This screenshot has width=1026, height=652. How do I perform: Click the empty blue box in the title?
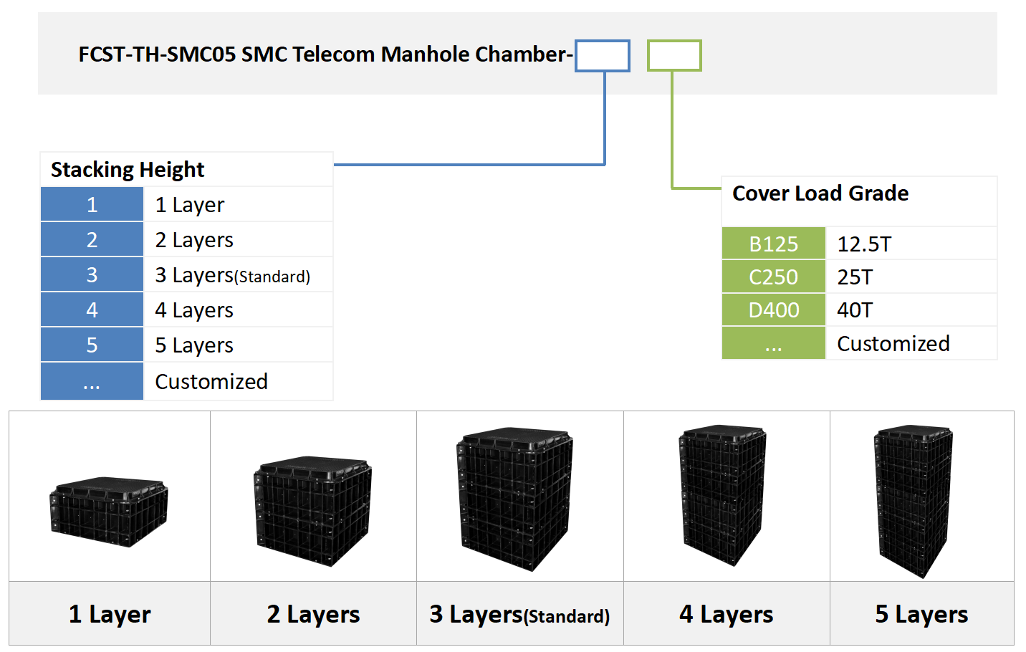pos(603,56)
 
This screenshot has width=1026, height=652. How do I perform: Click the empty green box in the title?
pos(674,56)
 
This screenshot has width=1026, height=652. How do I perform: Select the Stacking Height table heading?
pos(128,170)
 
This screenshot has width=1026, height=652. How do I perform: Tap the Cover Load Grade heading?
pos(820,193)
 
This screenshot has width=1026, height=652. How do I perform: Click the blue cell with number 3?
pos(92,275)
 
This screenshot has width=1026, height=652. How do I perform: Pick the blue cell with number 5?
pos(92,345)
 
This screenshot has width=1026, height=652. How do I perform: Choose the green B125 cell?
pos(773,244)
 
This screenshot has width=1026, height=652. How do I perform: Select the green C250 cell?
pos(773,277)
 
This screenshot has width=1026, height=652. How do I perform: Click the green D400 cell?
pos(773,310)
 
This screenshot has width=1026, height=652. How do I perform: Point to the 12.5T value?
pos(864,244)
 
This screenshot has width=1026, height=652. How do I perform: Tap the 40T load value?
pos(855,310)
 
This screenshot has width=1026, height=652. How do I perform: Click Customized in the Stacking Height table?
pos(211,382)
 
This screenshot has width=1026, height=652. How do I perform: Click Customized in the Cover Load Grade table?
pos(893,344)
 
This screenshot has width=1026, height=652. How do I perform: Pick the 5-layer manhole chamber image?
pos(914,501)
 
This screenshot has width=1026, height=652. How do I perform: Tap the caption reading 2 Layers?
pos(313,614)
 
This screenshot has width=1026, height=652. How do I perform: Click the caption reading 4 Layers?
pos(726,614)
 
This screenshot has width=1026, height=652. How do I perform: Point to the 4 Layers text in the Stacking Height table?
pos(194,310)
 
